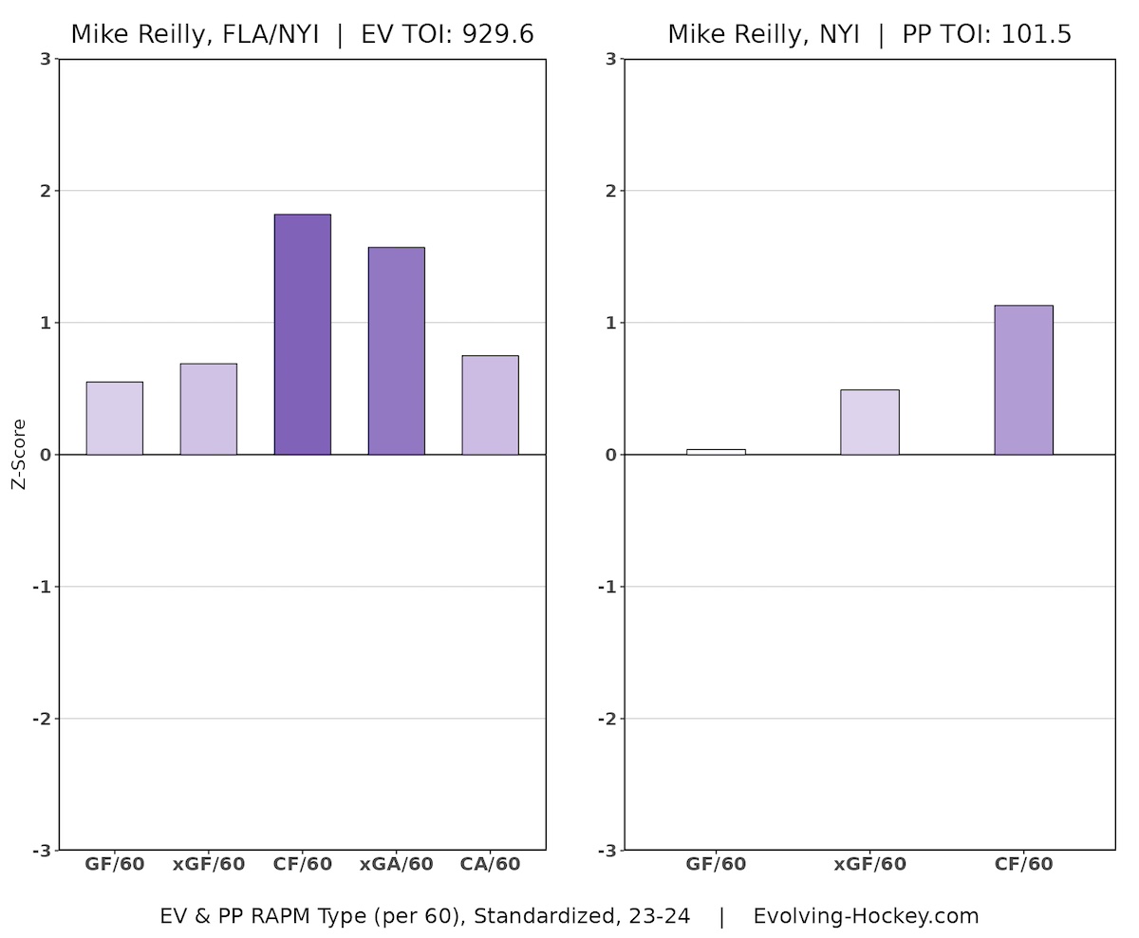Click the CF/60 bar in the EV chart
302,334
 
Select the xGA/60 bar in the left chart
396,351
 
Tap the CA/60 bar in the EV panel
490,405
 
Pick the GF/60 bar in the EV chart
114,419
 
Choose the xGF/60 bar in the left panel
208,409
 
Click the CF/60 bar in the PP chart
1023,380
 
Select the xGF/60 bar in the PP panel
869,422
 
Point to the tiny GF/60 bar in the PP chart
716,452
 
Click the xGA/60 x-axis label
396,864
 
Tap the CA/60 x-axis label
490,864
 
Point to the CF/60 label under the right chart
1023,864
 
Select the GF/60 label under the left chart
114,864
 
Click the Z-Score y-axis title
19,454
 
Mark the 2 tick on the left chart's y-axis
45,191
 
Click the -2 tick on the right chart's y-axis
607,719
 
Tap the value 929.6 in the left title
497,35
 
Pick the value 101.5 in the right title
1036,35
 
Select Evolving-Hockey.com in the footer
866,916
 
